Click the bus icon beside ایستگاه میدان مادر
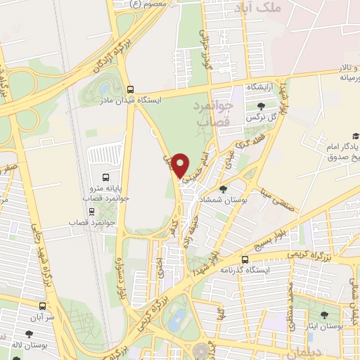(129, 89)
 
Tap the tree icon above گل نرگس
(261, 105)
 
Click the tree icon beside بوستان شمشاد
(224, 188)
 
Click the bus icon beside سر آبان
(43, 307)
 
